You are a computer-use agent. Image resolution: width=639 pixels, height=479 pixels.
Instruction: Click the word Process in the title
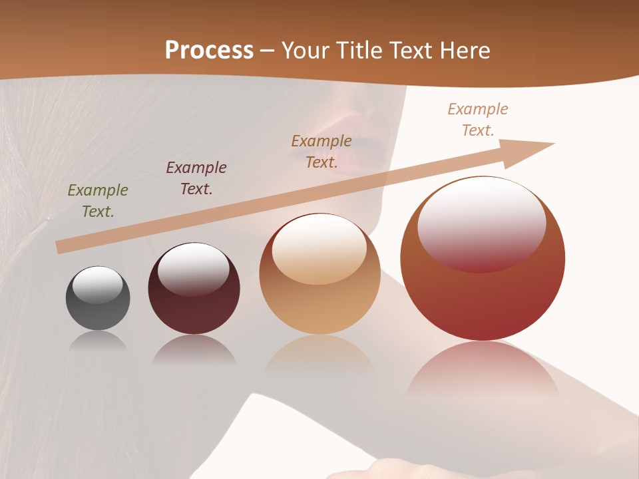209,51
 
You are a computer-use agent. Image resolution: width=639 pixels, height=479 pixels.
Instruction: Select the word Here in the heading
464,51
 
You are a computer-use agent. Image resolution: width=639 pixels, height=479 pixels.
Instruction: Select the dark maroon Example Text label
196,178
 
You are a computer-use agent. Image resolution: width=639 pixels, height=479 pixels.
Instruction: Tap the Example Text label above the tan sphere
321,151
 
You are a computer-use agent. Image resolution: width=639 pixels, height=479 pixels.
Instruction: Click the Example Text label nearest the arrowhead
477,120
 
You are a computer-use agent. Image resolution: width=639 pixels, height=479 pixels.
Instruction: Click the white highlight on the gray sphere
97,285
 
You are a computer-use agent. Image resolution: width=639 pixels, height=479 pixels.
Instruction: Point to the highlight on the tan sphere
319,249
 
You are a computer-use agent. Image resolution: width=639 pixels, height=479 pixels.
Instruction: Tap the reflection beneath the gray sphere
98,341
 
